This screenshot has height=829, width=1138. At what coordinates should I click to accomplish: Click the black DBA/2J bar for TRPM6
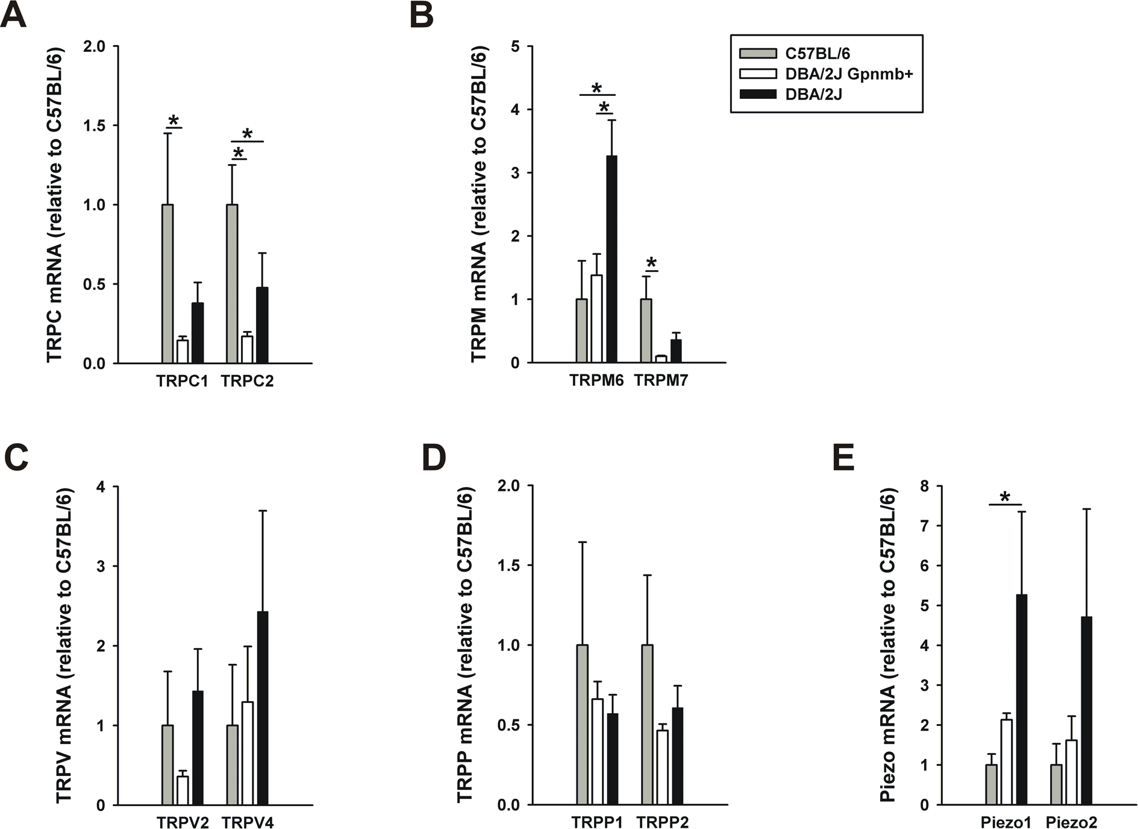(611, 259)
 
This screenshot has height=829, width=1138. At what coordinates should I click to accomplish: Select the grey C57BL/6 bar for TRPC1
(167, 283)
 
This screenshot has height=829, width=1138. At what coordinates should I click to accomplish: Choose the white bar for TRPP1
(597, 751)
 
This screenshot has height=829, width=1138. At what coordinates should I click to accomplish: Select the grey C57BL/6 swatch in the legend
(757, 54)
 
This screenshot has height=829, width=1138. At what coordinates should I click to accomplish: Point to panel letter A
(13, 14)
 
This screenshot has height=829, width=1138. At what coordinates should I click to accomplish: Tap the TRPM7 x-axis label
(661, 380)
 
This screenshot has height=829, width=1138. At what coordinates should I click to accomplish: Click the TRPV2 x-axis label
(183, 823)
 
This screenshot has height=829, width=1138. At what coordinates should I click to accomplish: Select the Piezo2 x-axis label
(1071, 822)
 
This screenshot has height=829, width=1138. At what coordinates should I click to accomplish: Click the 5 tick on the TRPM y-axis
(514, 46)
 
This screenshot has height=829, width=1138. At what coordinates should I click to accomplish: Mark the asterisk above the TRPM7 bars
(651, 263)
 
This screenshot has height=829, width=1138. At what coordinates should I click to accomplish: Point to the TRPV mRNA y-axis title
(64, 645)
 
